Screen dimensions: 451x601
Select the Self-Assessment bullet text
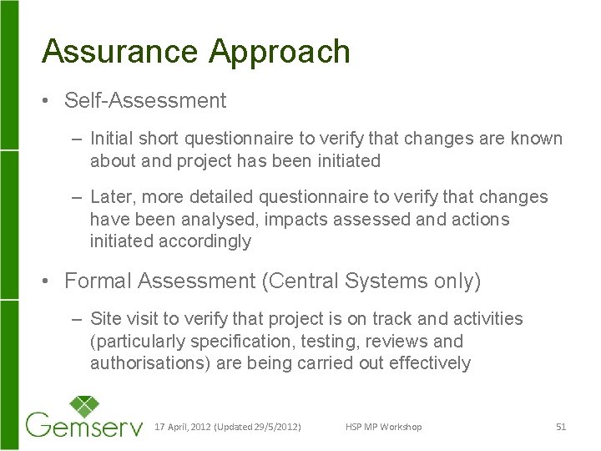click(145, 101)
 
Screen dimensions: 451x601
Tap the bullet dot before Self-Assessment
click(48, 102)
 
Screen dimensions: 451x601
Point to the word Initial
click(111, 138)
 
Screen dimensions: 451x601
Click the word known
click(541, 138)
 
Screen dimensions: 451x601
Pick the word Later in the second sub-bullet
click(110, 197)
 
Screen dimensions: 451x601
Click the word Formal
click(98, 281)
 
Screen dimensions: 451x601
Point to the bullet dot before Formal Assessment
click(48, 282)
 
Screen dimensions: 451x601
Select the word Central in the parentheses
click(306, 281)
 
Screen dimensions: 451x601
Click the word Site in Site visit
click(105, 318)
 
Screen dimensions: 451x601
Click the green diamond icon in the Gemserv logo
click(83, 408)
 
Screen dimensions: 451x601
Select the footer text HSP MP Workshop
click(383, 427)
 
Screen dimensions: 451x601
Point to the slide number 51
click(560, 427)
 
